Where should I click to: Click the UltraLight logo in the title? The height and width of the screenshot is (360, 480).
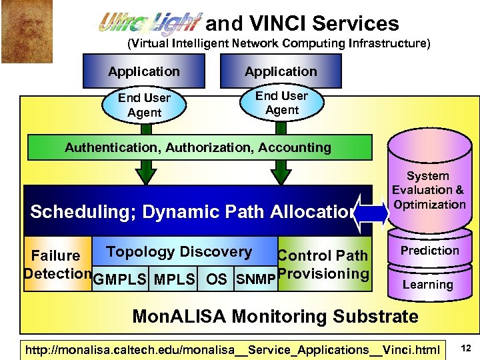click(150, 25)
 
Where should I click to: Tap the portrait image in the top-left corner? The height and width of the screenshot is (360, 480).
click(17, 31)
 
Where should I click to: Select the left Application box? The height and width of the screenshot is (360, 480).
click(144, 71)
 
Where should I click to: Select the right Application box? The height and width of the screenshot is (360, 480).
click(281, 71)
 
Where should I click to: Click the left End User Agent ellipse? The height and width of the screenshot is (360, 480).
click(145, 105)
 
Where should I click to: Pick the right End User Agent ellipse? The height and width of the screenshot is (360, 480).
click(281, 103)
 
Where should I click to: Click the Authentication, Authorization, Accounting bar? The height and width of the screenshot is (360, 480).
click(198, 148)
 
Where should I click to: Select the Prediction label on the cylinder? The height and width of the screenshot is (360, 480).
click(429, 251)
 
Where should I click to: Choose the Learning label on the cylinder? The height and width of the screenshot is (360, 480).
click(427, 285)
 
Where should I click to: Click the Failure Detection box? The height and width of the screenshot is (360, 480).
click(57, 264)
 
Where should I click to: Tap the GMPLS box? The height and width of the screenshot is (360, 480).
click(120, 279)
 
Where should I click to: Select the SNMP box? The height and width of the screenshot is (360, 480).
click(255, 279)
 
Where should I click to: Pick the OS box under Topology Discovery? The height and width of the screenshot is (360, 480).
click(216, 279)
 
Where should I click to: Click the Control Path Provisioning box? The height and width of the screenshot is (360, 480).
click(323, 265)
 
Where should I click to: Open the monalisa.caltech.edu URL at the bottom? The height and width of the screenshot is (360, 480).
click(232, 349)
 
